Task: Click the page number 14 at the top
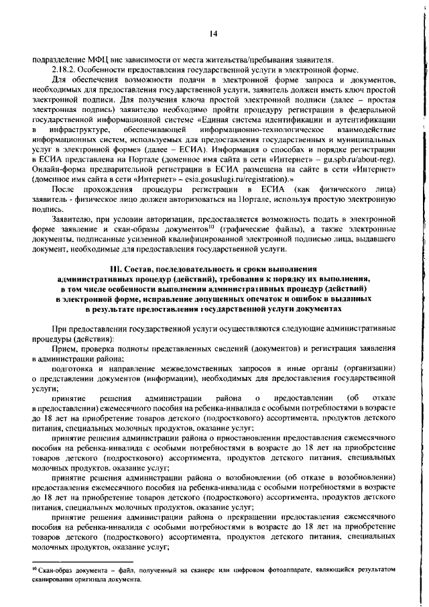point(214,34)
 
